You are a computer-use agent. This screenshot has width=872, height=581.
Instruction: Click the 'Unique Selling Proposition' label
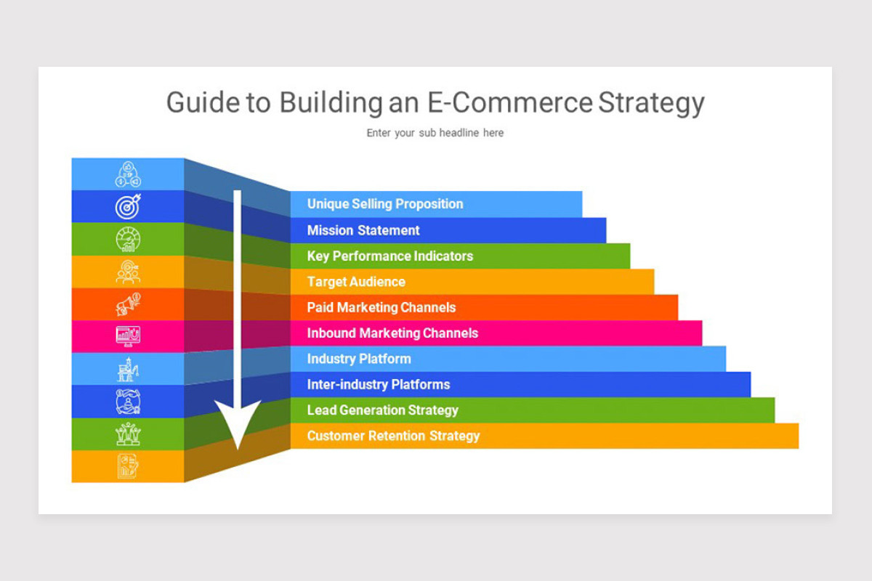385,204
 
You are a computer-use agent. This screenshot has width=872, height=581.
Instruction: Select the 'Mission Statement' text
363,230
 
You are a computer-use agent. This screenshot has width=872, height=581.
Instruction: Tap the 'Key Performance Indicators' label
390,256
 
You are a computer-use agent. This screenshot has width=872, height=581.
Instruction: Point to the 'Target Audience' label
356,282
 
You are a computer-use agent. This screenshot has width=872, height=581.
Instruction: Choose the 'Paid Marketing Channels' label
381,307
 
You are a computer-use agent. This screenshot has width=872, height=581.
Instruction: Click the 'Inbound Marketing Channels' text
392,333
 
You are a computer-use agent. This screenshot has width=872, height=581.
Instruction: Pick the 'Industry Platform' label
359,359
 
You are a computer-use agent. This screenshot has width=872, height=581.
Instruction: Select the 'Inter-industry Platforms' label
379,384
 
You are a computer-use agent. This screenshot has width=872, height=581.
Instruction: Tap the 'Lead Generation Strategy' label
383,410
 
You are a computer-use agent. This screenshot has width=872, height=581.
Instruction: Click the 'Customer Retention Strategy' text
394,436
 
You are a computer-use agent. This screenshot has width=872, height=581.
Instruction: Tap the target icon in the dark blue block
128,206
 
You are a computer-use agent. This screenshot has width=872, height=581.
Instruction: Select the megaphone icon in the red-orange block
128,304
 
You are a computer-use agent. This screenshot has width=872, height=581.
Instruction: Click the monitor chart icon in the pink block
128,336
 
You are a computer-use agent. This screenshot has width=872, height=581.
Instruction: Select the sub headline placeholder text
435,133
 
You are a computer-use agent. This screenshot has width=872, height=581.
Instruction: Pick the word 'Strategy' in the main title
652,102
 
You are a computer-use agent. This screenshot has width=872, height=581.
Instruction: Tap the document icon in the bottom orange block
128,466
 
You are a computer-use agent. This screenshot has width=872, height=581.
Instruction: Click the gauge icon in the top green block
128,239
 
